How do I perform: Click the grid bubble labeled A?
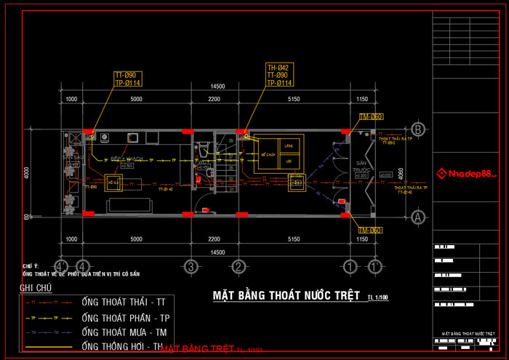[x=417, y=216]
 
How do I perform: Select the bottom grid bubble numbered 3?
[x=191, y=265]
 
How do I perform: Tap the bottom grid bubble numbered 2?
[x=238, y=265]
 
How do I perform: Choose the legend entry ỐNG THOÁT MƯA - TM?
[x=129, y=332]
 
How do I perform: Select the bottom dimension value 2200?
[x=213, y=239]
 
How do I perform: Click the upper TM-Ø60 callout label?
[x=371, y=116]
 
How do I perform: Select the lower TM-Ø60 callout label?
[x=370, y=231]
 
